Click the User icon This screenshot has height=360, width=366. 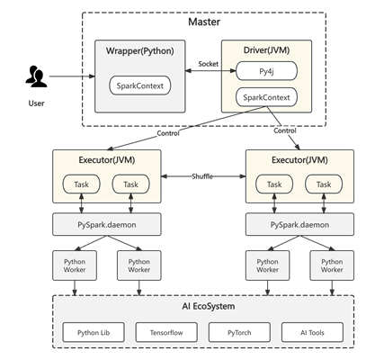(x=36, y=76)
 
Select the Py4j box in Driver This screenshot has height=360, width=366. (x=266, y=71)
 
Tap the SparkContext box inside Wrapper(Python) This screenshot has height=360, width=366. (x=139, y=85)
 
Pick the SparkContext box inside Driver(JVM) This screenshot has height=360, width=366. (x=266, y=97)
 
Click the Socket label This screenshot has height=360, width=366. (x=209, y=64)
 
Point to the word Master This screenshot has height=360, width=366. (x=204, y=22)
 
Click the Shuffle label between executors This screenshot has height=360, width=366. (x=202, y=176)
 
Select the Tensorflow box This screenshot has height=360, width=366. (x=166, y=332)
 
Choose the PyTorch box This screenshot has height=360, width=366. (x=239, y=332)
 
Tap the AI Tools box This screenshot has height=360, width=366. (x=312, y=332)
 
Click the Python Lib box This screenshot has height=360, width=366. (x=94, y=332)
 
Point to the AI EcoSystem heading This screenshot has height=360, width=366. (x=209, y=306)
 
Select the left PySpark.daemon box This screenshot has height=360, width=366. (x=107, y=224)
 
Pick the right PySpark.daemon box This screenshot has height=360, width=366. (x=299, y=224)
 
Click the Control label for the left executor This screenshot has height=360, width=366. (x=168, y=133)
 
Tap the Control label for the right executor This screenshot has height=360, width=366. (x=285, y=130)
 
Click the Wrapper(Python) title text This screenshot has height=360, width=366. (x=139, y=50)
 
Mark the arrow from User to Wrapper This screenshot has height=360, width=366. (x=72, y=76)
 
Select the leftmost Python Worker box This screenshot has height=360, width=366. (x=75, y=265)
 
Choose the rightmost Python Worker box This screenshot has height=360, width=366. (x=332, y=265)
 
